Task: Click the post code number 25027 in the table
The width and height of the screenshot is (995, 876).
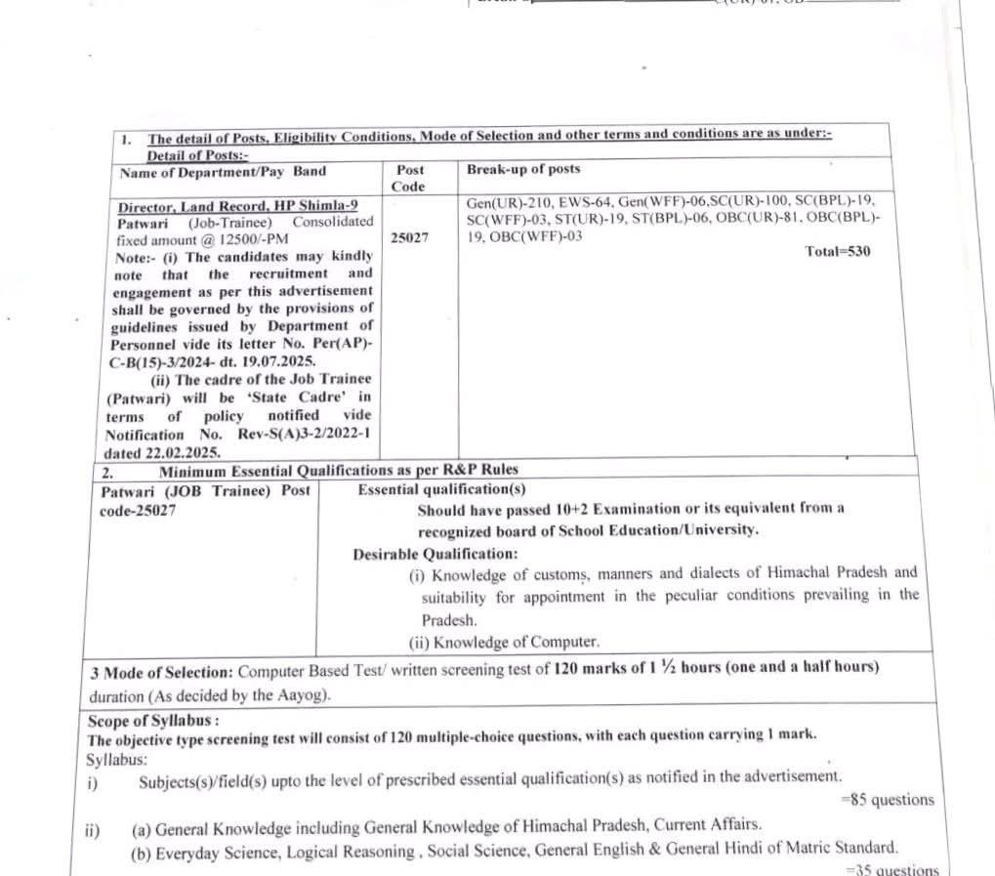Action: pos(409,237)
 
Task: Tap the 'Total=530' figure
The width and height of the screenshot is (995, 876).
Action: pos(838,251)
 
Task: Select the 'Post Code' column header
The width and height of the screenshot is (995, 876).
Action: pos(409,178)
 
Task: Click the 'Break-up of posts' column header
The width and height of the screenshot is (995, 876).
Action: pos(523,169)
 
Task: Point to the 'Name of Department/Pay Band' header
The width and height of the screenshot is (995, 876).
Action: pos(223,172)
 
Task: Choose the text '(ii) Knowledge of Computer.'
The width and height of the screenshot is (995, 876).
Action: pos(504,642)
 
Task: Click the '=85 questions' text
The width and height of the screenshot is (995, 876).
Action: pos(888,800)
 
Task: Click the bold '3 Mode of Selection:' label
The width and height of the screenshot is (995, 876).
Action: pos(161,671)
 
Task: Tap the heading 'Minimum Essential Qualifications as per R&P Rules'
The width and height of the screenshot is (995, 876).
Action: pos(339,471)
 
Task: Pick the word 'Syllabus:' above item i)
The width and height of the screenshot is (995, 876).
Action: pos(118,759)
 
